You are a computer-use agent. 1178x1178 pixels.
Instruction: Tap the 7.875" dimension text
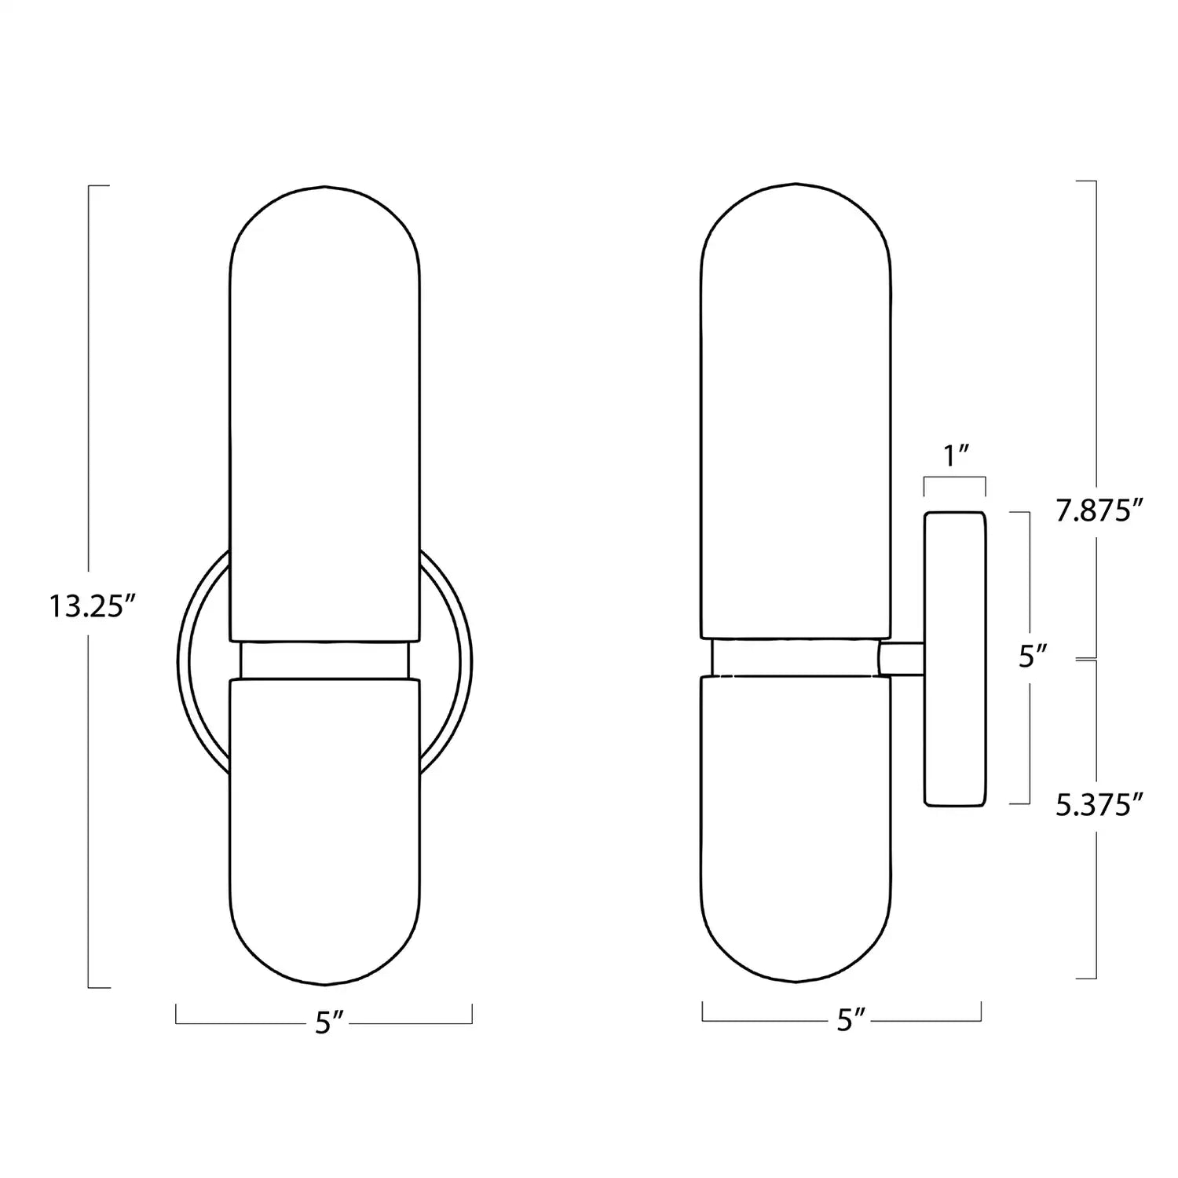(1097, 511)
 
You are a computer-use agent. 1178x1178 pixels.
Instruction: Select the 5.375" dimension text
(1097, 805)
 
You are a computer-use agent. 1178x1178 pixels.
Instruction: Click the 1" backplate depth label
(955, 455)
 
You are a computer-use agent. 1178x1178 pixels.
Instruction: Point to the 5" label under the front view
(324, 1023)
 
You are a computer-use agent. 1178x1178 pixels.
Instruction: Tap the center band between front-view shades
(324, 660)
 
